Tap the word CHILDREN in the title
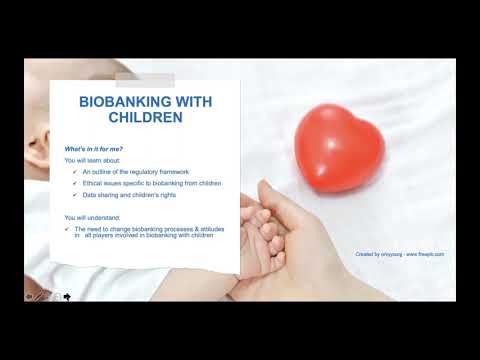[x=146, y=117]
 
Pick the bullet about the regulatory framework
[x=135, y=172]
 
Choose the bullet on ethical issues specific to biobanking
[x=153, y=184]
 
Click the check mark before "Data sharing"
[x=76, y=197]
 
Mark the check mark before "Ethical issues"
[x=76, y=184]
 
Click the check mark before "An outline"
[x=76, y=172]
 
